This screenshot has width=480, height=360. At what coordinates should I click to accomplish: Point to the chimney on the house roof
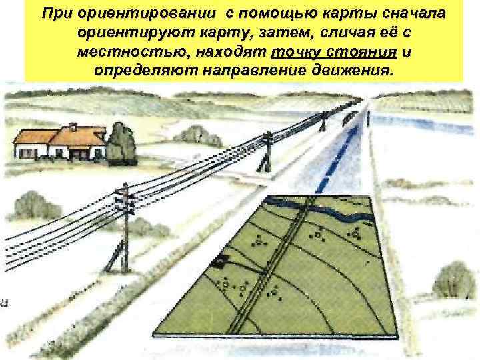(69, 127)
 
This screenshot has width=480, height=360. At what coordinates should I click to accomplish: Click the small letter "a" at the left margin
(4, 303)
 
